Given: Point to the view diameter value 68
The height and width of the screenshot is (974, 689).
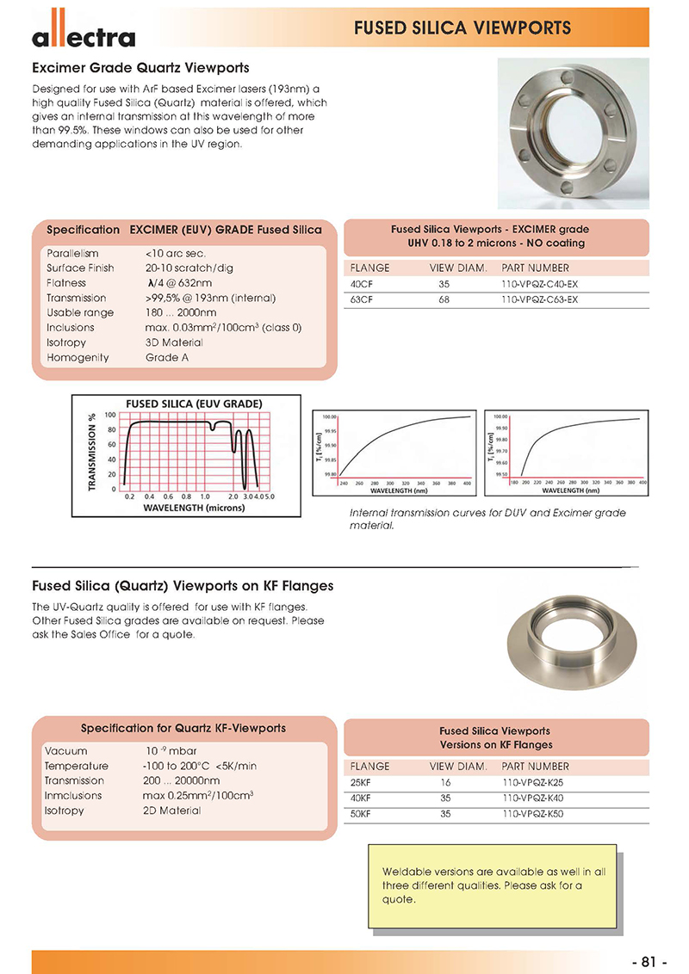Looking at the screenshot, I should pos(444,299).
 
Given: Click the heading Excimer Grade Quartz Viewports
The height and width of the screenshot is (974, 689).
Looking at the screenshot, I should pos(140,67).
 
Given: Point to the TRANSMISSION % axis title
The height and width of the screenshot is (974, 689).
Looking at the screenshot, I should pos(92,452).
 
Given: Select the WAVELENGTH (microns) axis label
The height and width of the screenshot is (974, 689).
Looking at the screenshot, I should pos(194,508).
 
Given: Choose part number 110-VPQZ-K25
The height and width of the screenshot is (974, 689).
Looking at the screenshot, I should pos(532,782).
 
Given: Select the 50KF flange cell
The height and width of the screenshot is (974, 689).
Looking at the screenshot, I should pos(361,813).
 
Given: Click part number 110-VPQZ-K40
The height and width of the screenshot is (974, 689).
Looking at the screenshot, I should pos(532,798).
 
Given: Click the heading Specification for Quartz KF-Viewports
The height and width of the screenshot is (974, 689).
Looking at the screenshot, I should pos(183,728).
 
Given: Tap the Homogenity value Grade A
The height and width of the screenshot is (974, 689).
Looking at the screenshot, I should pos(167,357).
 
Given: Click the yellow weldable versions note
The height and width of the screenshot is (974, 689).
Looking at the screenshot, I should pos(493,885).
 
